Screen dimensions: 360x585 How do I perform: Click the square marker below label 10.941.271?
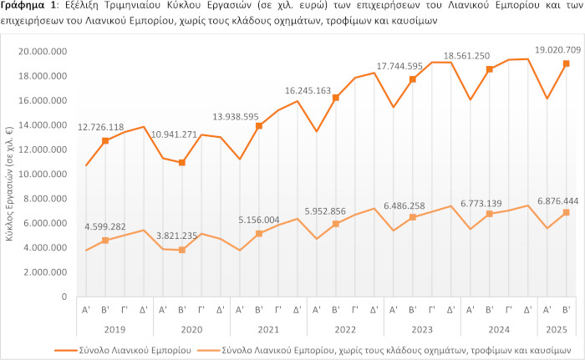click(x=182, y=163)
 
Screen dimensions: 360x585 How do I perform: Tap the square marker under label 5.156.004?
click(x=259, y=234)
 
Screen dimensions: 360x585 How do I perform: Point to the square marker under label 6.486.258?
click(x=413, y=217)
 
